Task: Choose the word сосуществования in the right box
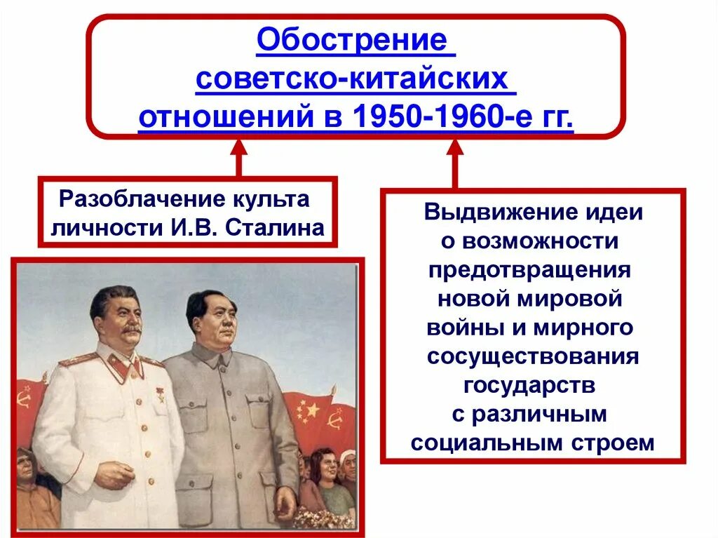533,357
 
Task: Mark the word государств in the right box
530,386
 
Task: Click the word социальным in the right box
484,443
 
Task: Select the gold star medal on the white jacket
160,390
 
